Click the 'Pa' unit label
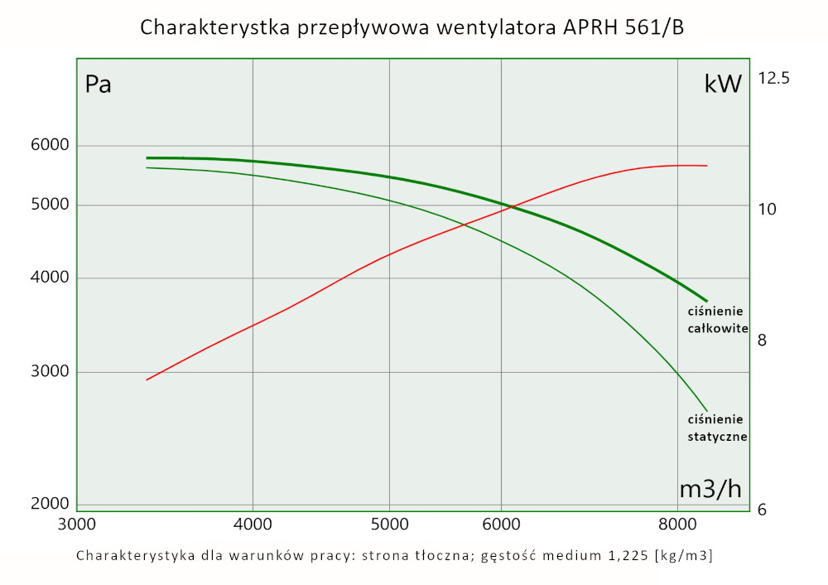99,85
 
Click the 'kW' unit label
723,84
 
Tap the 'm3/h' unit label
710,489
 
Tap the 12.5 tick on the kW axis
774,79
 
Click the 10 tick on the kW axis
767,209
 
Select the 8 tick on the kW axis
763,341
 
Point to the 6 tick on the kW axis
762,510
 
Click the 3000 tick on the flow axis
76,524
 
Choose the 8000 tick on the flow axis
677,524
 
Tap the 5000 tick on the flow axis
389,524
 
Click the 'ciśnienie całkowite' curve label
717,320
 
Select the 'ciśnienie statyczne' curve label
717,427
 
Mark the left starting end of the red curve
147,380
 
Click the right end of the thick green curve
706,301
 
